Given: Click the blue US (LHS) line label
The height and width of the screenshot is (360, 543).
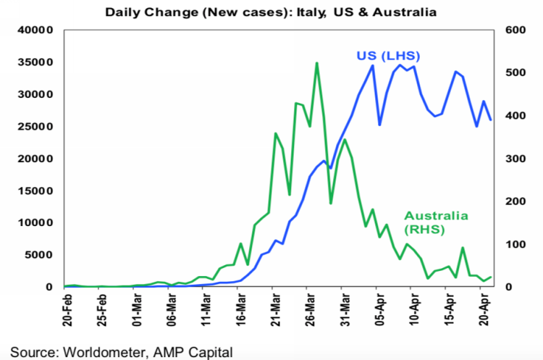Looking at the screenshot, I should [x=388, y=56].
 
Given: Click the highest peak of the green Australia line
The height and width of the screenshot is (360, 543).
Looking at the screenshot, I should [x=317, y=63].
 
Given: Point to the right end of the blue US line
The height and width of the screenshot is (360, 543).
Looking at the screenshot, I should [x=492, y=120].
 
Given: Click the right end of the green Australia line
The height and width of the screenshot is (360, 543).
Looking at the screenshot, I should [x=492, y=277].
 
